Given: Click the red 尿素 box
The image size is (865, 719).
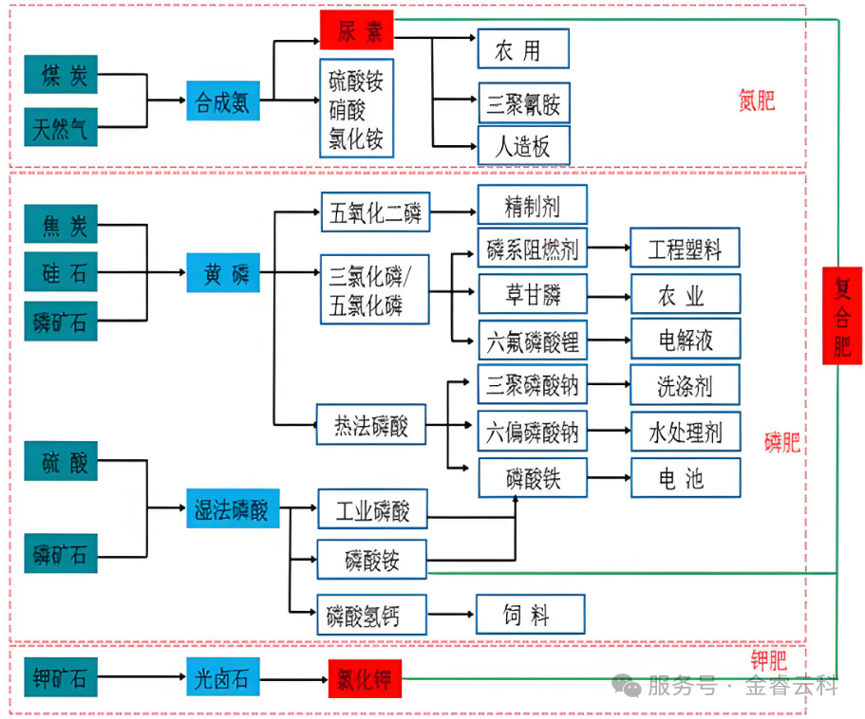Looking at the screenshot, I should pyautogui.click(x=355, y=31).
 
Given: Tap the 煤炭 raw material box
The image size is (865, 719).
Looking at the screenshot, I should pyautogui.click(x=61, y=75).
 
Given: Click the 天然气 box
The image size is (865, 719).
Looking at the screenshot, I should pyautogui.click(x=61, y=127).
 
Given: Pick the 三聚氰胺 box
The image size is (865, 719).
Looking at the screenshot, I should pyautogui.click(x=523, y=102).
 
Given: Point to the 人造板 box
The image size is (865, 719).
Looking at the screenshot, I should pyautogui.click(x=523, y=147).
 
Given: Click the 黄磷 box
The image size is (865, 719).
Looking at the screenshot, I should pyautogui.click(x=223, y=273).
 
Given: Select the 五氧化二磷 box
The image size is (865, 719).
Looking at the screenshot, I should pyautogui.click(x=373, y=212).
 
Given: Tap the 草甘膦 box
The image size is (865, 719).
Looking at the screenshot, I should pyautogui.click(x=532, y=295).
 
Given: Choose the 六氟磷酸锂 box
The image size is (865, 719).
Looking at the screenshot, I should pyautogui.click(x=532, y=340).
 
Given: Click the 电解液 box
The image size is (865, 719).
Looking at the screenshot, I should pyautogui.click(x=685, y=340).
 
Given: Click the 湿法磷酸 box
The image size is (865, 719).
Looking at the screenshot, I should pyautogui.click(x=232, y=510).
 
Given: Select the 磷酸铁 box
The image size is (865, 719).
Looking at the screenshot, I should pyautogui.click(x=532, y=478).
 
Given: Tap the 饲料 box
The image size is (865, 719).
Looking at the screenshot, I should pyautogui.click(x=530, y=616).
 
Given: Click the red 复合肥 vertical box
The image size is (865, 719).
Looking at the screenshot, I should pyautogui.click(x=841, y=316).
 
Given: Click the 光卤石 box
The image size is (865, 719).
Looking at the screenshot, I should pyautogui.click(x=222, y=679).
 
